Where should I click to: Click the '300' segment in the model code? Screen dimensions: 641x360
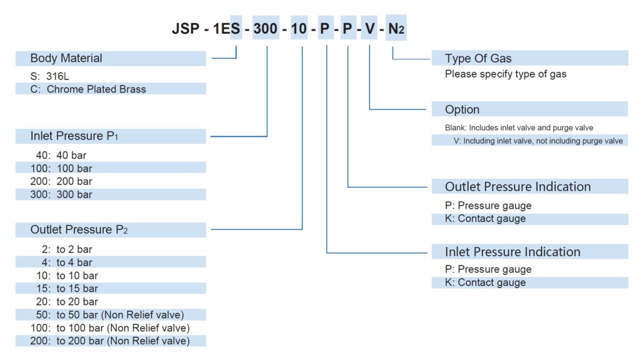tap(265, 29)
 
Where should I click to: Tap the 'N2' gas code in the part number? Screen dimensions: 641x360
tap(396, 29)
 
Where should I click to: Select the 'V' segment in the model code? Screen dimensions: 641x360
tap(369, 29)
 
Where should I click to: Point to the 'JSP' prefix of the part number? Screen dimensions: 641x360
tap(185, 29)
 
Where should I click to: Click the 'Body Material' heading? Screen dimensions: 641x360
tap(66, 58)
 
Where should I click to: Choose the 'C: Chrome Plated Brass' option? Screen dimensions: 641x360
tap(88, 89)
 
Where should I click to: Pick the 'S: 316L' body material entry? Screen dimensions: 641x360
tap(49, 76)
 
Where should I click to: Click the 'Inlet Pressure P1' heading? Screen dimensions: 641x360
tap(74, 136)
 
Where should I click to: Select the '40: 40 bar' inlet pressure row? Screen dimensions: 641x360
tap(61, 155)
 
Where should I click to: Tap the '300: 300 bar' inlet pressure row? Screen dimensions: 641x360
tap(61, 194)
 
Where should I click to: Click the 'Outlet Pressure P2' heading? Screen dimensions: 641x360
tap(79, 230)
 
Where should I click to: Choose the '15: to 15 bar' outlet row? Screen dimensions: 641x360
tap(67, 289)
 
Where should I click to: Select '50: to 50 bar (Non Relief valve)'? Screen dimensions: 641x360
tap(110, 314)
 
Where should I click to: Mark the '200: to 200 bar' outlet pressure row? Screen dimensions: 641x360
tap(110, 341)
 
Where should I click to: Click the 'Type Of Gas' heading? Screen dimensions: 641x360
tap(478, 58)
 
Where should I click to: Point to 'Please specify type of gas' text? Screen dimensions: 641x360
tap(506, 74)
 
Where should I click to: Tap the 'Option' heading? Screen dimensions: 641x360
tap(462, 110)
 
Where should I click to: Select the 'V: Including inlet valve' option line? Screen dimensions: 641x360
tap(538, 141)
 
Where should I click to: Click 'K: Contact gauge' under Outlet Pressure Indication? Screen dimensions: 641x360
tap(485, 219)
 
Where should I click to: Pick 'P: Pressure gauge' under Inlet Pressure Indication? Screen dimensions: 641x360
tap(488, 269)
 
